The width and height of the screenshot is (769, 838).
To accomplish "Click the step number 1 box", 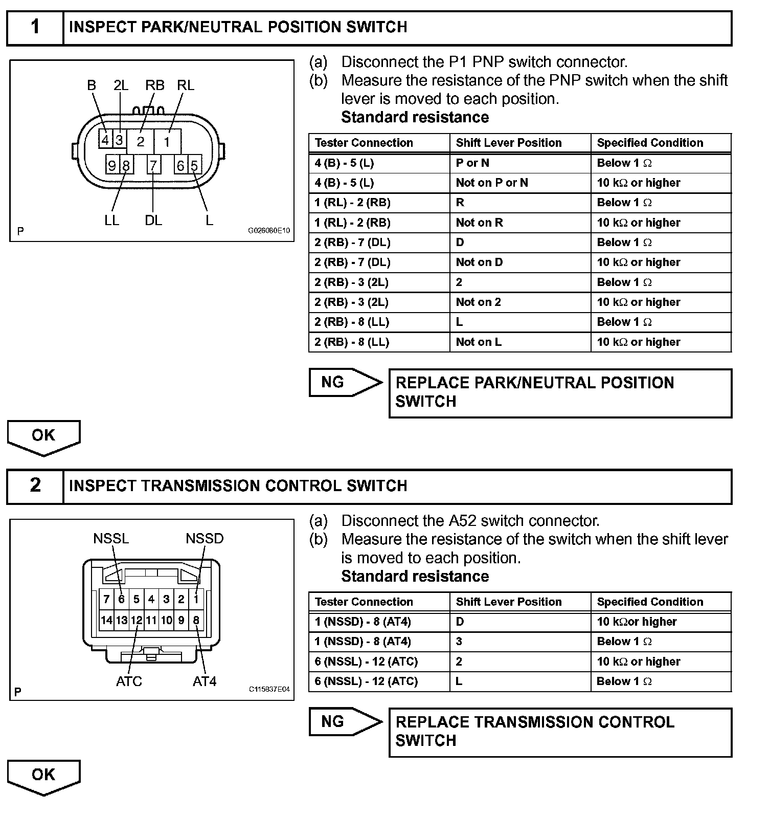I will tap(35, 27).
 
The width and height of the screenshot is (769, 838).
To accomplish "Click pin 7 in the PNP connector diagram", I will tap(153, 165).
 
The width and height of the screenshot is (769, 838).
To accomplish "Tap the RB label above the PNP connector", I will tap(154, 85).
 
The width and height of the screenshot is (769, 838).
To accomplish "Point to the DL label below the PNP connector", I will tap(153, 220).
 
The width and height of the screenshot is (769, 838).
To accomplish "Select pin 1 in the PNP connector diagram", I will tap(167, 142).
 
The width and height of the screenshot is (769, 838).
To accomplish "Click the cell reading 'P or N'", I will tap(472, 163).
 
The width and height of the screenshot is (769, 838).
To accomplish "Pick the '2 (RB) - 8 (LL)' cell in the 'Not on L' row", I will tap(352, 342).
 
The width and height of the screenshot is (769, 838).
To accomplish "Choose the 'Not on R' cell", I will tap(479, 223).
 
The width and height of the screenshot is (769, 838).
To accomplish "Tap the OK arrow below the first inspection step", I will tap(43, 436).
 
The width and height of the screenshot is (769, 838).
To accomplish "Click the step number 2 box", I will tap(35, 486).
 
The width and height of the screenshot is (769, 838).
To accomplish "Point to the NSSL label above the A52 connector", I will tap(111, 539).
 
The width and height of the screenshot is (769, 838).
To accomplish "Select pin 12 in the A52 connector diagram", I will tap(137, 621).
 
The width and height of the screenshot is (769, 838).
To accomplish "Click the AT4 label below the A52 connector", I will tap(205, 681).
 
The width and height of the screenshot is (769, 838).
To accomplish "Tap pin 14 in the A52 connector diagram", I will tap(106, 621).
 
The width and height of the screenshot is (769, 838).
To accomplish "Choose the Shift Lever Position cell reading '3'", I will tap(459, 642).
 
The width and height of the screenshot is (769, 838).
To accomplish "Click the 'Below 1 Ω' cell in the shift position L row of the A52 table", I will tap(624, 681).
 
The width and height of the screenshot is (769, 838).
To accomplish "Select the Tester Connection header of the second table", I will tap(364, 602).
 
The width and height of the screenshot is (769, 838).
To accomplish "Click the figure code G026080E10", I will tap(269, 231).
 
